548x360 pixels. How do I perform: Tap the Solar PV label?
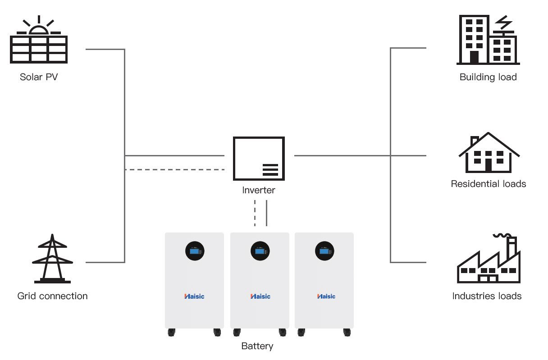tap(39, 77)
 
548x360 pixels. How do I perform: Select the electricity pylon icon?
tap(52, 259)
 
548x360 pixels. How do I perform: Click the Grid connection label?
tap(52, 296)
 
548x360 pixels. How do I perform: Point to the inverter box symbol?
tap(259, 159)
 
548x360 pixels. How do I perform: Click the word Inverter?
tap(259, 190)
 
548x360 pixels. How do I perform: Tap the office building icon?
tap(488, 41)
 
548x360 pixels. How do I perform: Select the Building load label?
tap(488, 77)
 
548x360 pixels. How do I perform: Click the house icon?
tap(489, 153)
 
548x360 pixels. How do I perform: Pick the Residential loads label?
tap(489, 184)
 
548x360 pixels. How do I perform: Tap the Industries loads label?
tap(487, 296)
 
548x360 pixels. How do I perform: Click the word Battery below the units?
tap(257, 346)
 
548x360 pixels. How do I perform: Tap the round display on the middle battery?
tap(260, 251)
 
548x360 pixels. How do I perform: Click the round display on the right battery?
tap(324, 251)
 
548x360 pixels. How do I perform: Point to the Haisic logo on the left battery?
tap(194, 296)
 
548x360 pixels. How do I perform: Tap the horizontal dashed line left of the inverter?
tap(174, 170)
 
